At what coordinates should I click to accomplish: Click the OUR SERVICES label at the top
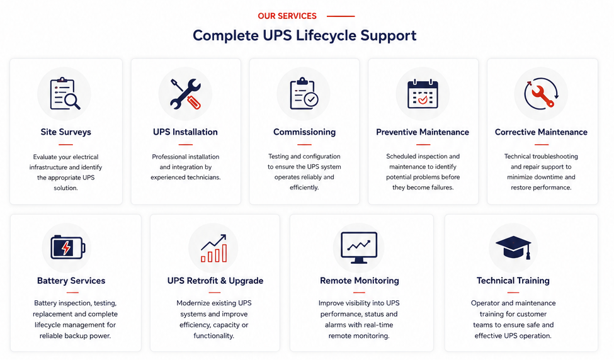tap(287, 16)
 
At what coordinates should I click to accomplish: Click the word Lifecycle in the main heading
tap(326, 36)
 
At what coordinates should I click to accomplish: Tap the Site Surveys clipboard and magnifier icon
tap(65, 94)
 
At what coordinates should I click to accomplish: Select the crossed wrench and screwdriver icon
tap(186, 94)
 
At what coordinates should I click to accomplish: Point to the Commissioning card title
tap(304, 132)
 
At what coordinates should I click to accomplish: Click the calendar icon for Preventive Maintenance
tap(423, 94)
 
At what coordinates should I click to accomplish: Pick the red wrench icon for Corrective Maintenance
tap(541, 94)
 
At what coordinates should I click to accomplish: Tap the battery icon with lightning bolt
tap(68, 247)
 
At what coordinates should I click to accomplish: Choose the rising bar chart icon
tap(214, 248)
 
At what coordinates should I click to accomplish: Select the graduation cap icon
tap(513, 247)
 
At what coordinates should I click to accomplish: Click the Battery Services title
tap(71, 281)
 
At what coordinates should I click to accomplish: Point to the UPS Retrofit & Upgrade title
tap(215, 281)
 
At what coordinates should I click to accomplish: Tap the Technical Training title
tap(513, 281)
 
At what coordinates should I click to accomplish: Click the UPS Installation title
tap(185, 132)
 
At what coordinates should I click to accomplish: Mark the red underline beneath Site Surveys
tap(65, 144)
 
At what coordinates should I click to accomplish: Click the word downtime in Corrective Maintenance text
tap(549, 177)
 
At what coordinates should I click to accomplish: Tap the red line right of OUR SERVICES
tap(341, 16)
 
